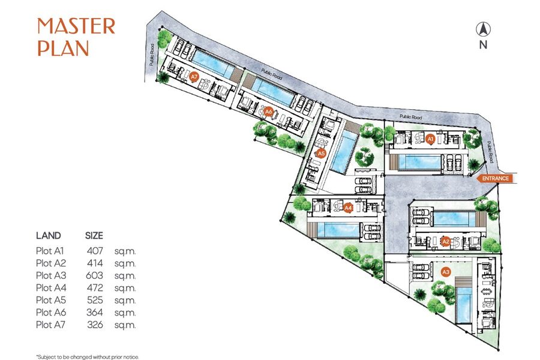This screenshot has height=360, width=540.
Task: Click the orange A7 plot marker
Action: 194,76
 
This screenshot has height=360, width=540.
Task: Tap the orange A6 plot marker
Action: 269,112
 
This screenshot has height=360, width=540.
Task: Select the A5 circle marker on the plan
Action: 322,154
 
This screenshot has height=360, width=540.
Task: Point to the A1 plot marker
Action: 430,139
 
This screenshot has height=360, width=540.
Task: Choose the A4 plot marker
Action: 348,208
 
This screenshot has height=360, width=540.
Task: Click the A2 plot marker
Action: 446,241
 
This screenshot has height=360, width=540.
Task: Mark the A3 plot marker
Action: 446,272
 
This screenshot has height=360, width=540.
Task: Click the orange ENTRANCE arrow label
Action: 494,178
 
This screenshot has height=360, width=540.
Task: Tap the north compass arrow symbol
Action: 483,29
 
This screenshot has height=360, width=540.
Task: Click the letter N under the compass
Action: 483,45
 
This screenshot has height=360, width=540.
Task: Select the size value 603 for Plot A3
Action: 94,275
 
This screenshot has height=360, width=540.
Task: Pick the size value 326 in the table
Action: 95,325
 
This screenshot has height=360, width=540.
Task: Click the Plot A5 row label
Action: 51,300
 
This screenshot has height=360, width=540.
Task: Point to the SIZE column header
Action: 94,236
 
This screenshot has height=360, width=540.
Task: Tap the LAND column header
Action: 49,236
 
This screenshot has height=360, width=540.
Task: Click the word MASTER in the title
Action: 76,26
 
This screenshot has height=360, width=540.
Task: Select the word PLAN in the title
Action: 64,48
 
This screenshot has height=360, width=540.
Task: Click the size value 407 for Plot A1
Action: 95,251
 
